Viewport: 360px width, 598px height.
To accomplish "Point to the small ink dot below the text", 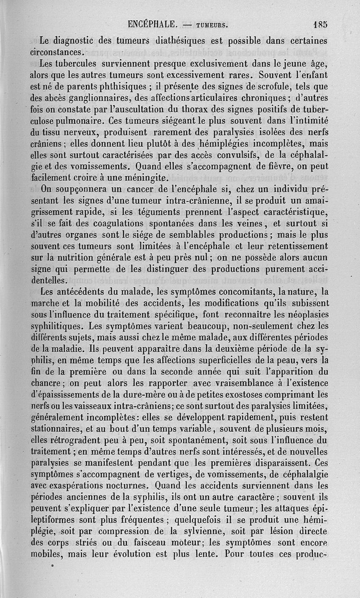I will pyautogui.click(x=53, y=564).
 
